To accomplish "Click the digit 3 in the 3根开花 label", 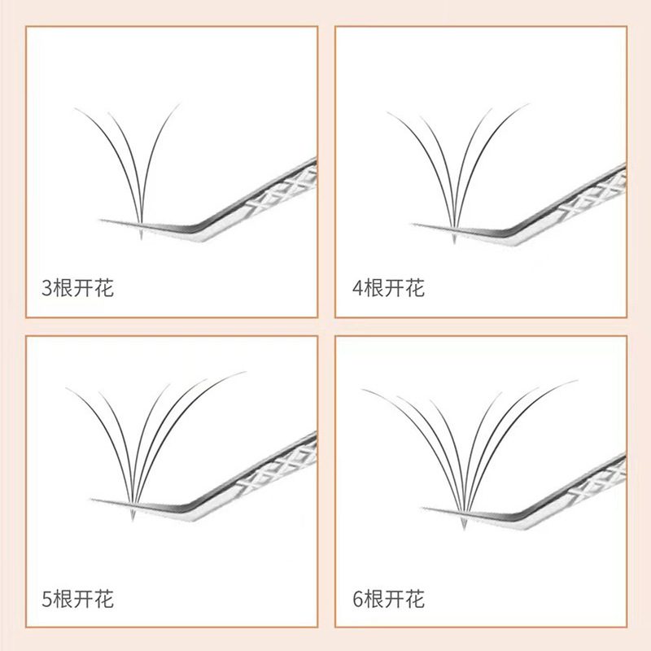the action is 47,288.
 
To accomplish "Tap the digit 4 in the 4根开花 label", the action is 358,288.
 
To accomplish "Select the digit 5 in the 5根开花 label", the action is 47,599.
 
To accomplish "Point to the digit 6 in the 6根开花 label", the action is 358,599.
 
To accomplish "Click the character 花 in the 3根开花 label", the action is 104,288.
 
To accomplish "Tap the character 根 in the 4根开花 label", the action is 374,288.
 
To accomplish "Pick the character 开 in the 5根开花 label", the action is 84,599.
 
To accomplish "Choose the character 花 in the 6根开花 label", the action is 415,599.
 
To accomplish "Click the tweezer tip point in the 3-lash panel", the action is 100,220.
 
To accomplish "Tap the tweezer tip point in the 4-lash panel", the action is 412,225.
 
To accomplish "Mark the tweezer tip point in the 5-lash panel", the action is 91,500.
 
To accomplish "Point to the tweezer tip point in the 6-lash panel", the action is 422,508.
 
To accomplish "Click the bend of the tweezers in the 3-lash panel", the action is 202,230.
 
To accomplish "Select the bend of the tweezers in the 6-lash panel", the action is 524,519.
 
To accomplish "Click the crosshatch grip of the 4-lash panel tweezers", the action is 592,196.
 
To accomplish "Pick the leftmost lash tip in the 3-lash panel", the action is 75,108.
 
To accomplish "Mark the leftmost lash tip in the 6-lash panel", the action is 362,390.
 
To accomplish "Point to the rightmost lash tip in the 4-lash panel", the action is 529,104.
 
